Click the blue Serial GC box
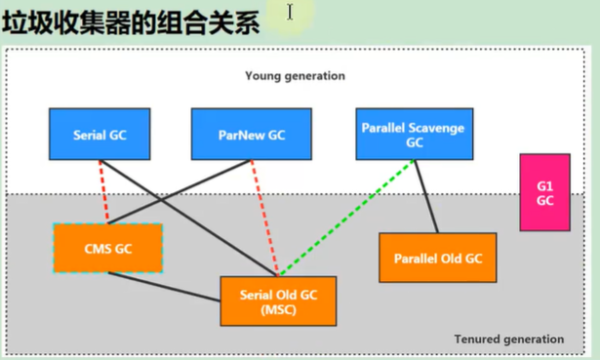tap(100, 134)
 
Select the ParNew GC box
tap(252, 134)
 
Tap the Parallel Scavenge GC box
tap(415, 134)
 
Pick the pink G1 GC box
tap(545, 192)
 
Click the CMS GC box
tap(108, 248)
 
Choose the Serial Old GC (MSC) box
tap(278, 301)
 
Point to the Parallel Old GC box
tap(438, 258)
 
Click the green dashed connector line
tap(346, 218)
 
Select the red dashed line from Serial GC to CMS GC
tap(103, 191)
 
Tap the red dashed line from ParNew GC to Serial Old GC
tap(264, 218)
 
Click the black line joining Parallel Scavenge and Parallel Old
tap(426, 196)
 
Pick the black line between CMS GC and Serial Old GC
tap(164, 287)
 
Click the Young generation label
tap(295, 76)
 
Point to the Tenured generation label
tap(509, 339)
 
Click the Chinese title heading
tap(131, 23)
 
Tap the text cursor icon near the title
tap(290, 12)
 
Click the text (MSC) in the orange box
tap(278, 309)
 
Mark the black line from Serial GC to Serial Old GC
tap(188, 219)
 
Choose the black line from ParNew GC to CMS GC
tap(180, 191)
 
